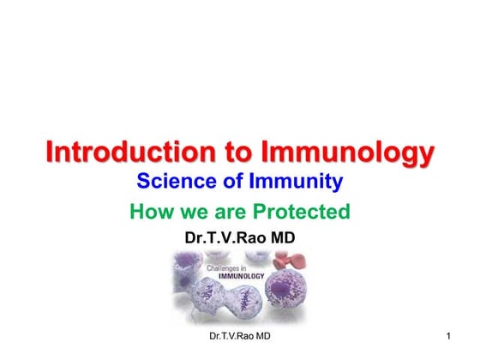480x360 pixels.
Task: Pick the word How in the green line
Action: click(x=149, y=211)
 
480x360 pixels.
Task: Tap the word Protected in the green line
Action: click(x=303, y=211)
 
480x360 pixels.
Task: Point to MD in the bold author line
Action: click(x=282, y=237)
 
